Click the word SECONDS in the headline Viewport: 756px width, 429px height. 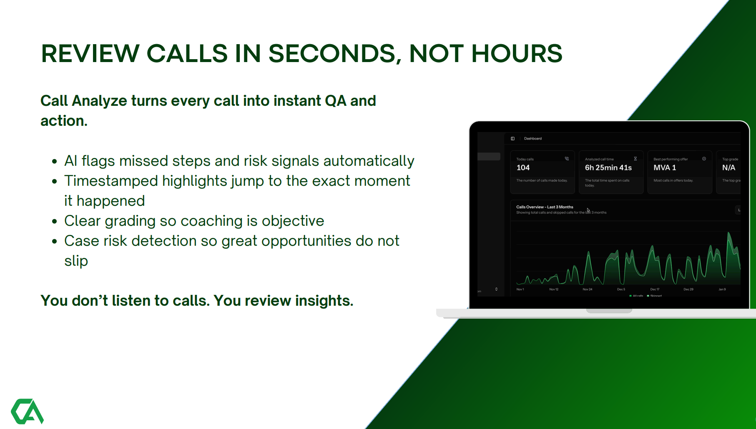(332, 54)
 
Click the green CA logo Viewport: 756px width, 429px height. (27, 411)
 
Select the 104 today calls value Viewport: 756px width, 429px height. (523, 167)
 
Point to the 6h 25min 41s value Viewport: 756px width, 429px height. (608, 167)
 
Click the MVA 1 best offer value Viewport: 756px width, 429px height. (665, 167)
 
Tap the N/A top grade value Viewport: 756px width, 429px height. (728, 167)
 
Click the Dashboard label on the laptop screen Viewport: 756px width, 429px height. (533, 139)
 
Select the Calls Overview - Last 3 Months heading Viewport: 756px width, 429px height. (545, 207)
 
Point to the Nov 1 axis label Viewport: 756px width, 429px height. (520, 289)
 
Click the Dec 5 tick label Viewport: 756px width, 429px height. (621, 289)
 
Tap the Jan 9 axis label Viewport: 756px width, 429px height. (722, 289)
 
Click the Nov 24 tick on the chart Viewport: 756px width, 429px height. (587, 289)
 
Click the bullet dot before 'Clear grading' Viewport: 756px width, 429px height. (54, 221)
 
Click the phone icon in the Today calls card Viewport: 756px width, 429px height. (567, 159)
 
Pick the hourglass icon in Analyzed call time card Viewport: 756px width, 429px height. (635, 159)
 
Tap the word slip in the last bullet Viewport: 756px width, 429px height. (76, 261)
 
